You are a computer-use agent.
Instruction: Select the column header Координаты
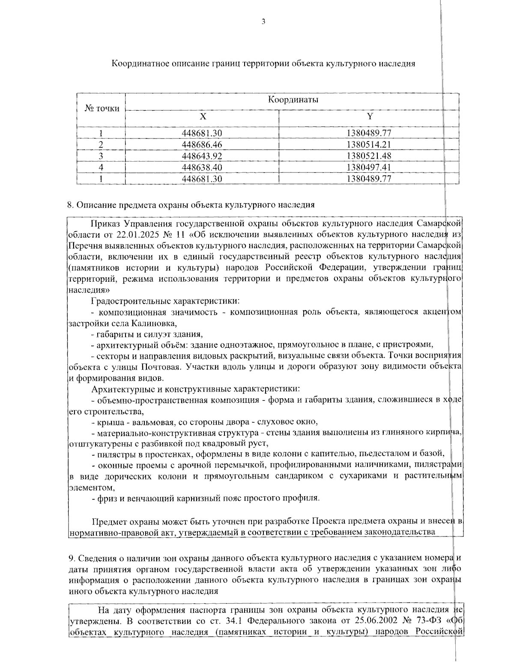[x=293, y=100]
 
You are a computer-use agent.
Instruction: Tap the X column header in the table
[x=203, y=117]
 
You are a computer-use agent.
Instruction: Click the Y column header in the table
[x=370, y=117]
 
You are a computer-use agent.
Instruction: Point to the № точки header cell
[x=102, y=108]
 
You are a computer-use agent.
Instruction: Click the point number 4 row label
[x=101, y=167]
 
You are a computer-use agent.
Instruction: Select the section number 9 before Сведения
[x=71, y=558]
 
